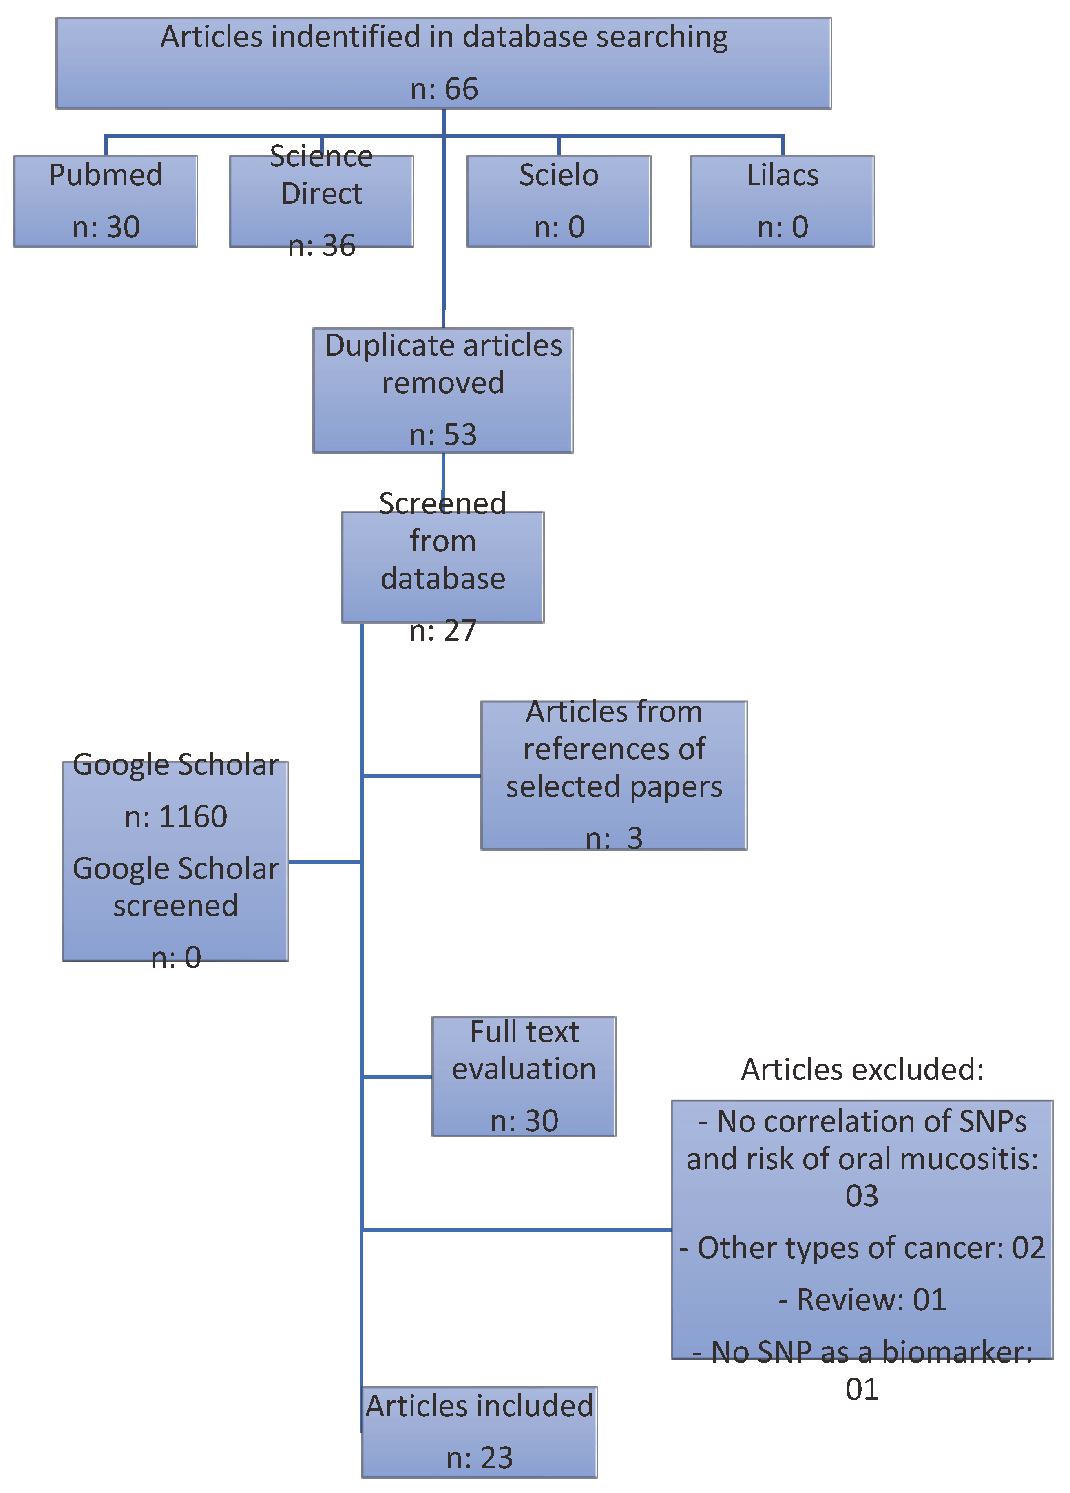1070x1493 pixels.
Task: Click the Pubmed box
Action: click(x=105, y=201)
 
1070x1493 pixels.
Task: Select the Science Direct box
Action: click(x=321, y=201)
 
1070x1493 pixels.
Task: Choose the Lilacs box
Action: click(x=782, y=201)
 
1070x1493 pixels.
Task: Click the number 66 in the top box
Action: click(x=461, y=89)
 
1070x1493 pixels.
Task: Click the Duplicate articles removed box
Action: click(x=443, y=390)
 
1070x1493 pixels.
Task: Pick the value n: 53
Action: click(x=443, y=434)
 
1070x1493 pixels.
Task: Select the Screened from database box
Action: click(x=443, y=566)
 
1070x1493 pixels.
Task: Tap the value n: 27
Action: click(x=443, y=630)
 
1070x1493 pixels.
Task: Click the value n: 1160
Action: click(x=176, y=816)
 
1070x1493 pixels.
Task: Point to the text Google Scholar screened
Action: click(x=176, y=887)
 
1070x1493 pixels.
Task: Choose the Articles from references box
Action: click(x=613, y=775)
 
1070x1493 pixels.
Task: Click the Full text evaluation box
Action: click(x=524, y=1076)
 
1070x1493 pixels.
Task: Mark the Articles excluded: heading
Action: click(x=862, y=1069)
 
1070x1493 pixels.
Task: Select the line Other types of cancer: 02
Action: click(x=862, y=1247)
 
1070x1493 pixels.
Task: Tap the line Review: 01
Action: click(x=862, y=1299)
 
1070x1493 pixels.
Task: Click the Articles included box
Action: click(x=479, y=1432)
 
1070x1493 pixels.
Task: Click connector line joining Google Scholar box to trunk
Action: click(x=325, y=861)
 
